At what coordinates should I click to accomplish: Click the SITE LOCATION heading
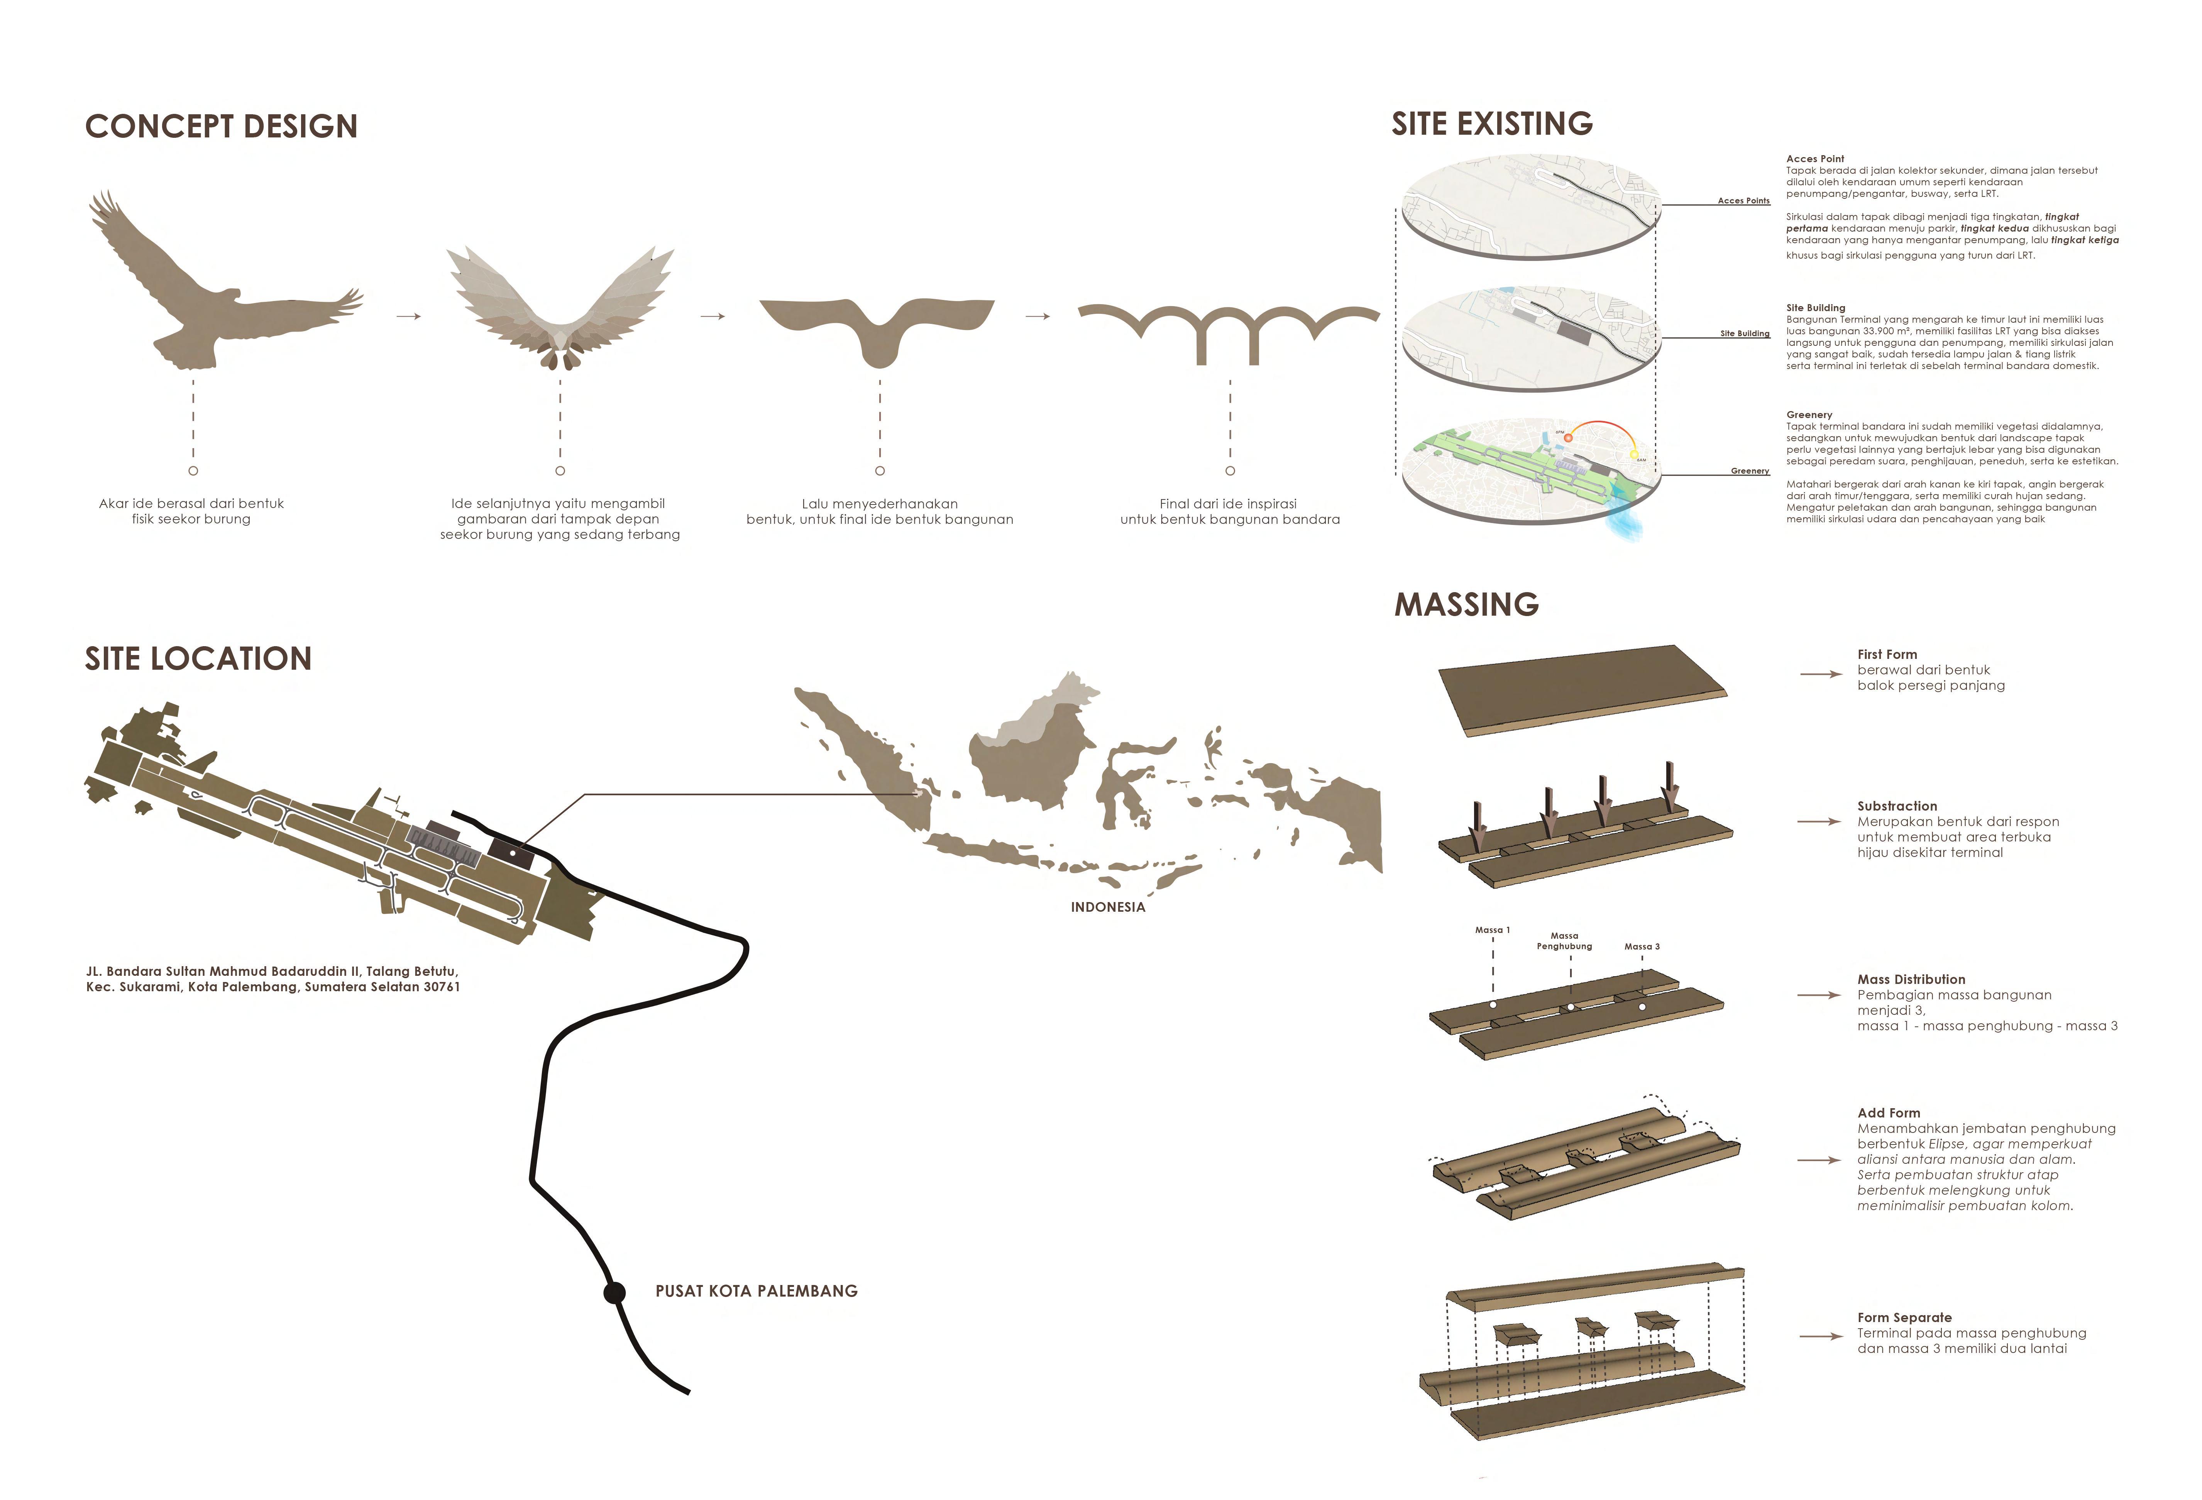pyautogui.click(x=198, y=659)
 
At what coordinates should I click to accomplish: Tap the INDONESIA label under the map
pyautogui.click(x=1108, y=907)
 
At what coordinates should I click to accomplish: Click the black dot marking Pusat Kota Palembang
pyautogui.click(x=615, y=1292)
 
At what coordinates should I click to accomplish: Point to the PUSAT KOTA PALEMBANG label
pyautogui.click(x=756, y=1290)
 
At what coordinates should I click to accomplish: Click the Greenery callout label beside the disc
pyautogui.click(x=1749, y=471)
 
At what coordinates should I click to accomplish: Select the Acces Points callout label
pyautogui.click(x=1743, y=201)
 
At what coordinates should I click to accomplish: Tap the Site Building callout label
pyautogui.click(x=1744, y=334)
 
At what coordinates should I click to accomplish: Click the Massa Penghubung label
pyautogui.click(x=1564, y=941)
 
